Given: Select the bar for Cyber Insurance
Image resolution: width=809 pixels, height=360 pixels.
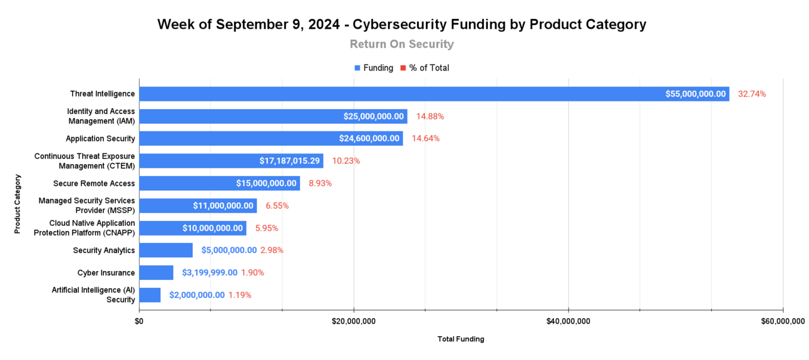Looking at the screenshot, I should (156, 272).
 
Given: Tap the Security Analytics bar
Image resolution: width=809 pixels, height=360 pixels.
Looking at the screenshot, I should (166, 250).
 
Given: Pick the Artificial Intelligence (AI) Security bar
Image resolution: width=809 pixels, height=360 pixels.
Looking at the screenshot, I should (150, 295).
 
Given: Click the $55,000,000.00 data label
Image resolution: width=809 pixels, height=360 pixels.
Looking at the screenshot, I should (696, 94).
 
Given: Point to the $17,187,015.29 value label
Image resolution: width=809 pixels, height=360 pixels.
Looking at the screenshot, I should (290, 161).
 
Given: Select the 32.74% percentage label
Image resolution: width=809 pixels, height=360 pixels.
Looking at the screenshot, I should (751, 94).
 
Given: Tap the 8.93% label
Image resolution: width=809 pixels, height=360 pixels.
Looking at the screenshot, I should (320, 183).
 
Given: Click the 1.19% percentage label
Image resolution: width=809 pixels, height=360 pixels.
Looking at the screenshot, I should (240, 295).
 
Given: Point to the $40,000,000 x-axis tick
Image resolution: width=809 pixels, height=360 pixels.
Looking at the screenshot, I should (569, 321).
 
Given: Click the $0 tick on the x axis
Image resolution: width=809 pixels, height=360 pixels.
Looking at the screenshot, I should (139, 321).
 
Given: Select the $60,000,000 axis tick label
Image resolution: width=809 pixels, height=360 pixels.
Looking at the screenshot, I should (783, 321).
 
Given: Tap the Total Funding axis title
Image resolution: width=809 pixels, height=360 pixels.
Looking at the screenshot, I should (461, 339).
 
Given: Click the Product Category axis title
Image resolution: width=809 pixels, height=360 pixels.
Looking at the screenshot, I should (18, 204).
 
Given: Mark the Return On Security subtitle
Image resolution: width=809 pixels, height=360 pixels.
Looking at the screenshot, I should (401, 44).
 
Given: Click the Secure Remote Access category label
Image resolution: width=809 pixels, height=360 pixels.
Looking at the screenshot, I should (94, 183).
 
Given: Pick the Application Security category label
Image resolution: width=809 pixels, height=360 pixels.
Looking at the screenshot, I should (100, 138).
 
